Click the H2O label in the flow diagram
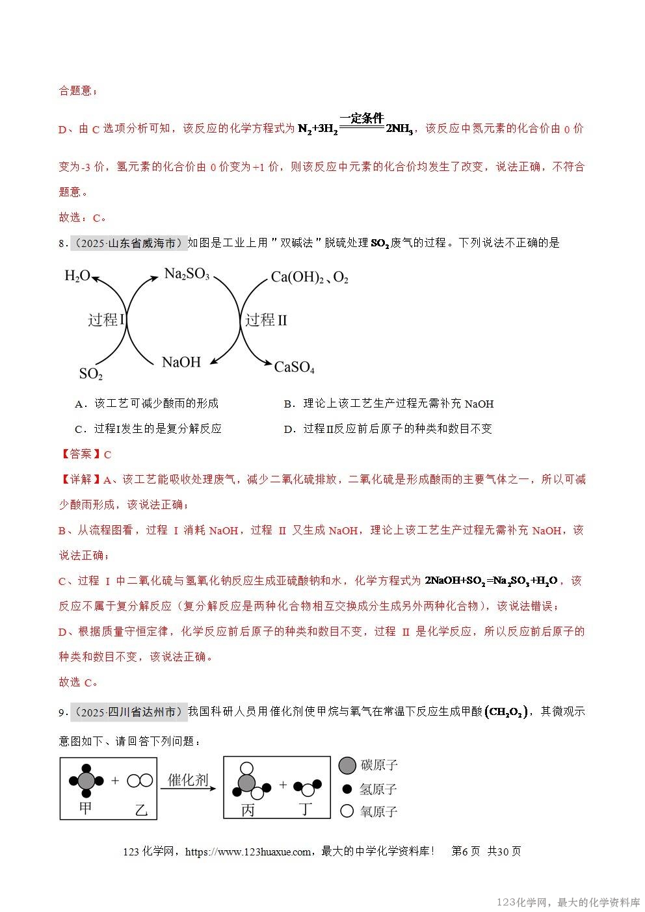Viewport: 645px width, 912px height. [77, 276]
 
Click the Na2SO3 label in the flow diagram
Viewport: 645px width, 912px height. [187, 274]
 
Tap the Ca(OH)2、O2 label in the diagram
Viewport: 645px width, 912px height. [309, 278]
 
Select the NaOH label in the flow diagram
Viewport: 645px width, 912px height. [181, 362]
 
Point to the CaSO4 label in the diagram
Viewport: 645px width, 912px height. [294, 368]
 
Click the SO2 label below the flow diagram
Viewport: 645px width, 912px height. [91, 374]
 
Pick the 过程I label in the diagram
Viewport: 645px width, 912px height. [106, 320]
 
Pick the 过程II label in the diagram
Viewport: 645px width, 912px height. [265, 320]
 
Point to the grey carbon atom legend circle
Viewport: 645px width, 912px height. [347, 765]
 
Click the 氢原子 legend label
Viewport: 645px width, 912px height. [378, 789]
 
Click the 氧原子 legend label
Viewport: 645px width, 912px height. [378, 812]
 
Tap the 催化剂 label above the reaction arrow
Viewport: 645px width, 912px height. [188, 780]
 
